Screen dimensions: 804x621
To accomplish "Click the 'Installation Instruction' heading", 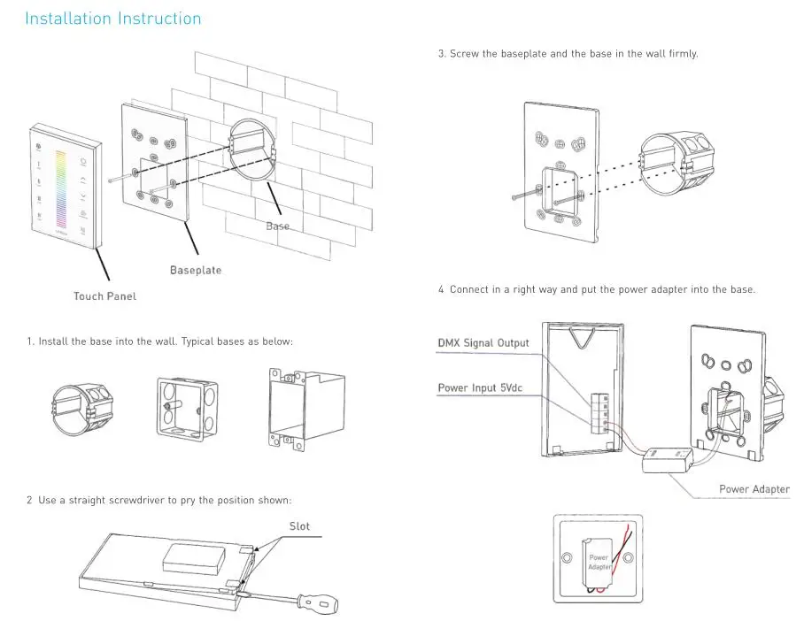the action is click(112, 19).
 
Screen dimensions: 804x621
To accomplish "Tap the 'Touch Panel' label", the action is click(104, 296).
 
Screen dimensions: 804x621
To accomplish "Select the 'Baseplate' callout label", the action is click(196, 270).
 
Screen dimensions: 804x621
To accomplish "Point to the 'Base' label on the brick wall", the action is click(277, 226).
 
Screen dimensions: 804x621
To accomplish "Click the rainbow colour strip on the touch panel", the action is click(61, 189).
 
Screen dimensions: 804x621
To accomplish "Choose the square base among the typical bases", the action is click(187, 410).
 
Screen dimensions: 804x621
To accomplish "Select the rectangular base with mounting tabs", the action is click(306, 409).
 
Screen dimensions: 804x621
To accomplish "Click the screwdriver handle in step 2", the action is click(318, 602).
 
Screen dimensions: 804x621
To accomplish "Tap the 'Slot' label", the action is click(299, 526).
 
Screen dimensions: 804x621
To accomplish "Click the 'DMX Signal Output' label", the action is click(483, 342).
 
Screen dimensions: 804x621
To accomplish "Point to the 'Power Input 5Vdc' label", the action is click(480, 387).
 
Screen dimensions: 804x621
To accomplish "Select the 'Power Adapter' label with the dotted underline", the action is click(754, 489).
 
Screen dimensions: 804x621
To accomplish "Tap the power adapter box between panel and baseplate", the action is click(668, 460).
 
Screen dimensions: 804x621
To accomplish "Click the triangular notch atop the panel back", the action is click(582, 338).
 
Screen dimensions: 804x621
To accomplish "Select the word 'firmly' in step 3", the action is click(683, 54).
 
